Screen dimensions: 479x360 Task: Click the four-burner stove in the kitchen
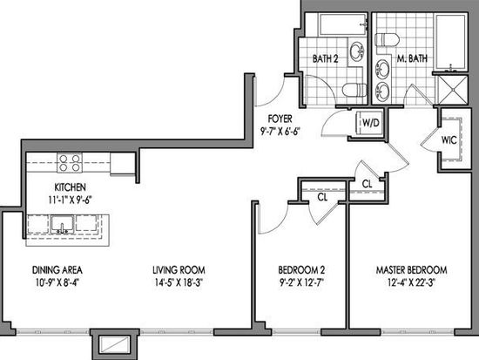[70, 163]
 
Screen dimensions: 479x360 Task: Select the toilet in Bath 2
[354, 90]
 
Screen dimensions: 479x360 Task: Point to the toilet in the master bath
[388, 40]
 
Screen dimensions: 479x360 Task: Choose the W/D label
[371, 123]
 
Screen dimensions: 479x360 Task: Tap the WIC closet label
[449, 140]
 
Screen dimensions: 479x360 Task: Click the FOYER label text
[280, 119]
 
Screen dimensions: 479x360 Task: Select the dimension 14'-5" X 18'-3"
[179, 282]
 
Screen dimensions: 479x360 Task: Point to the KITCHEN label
[70, 187]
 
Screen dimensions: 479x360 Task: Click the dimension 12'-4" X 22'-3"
[411, 282]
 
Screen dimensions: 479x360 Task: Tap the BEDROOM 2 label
[301, 270]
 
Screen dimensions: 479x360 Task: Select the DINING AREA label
[57, 270]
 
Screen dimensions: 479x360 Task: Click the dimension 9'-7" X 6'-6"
[280, 132]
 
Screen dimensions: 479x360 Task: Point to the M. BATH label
[412, 58]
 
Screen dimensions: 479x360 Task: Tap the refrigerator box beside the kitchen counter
[123, 163]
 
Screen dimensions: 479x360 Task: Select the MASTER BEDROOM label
[411, 270]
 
